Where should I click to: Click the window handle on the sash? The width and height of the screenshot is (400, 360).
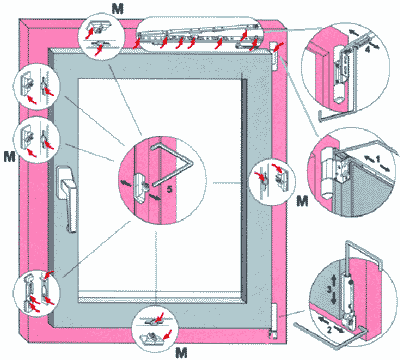(x=68, y=198)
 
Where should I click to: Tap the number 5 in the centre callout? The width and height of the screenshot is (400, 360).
(x=169, y=189)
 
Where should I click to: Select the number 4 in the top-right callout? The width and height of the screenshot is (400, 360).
(x=367, y=49)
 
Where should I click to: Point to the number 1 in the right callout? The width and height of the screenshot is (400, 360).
(x=377, y=160)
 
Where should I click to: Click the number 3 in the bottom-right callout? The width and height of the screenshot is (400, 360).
(x=329, y=289)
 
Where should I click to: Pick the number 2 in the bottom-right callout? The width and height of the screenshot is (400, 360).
(x=329, y=330)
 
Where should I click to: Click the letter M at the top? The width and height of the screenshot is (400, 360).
(x=117, y=8)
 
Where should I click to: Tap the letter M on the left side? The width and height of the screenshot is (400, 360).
(x=10, y=156)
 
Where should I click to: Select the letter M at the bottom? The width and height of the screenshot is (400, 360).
(x=181, y=353)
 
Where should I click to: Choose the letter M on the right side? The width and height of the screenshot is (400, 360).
(x=302, y=201)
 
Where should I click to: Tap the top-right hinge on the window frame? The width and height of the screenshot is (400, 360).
(x=273, y=56)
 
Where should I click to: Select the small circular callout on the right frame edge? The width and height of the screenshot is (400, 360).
(x=272, y=183)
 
